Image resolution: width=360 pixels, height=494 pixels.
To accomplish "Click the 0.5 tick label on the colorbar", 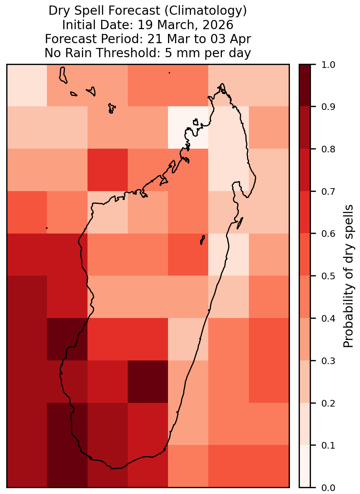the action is (x=328, y=276).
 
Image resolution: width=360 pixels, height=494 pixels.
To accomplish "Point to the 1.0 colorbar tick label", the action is (x=328, y=65).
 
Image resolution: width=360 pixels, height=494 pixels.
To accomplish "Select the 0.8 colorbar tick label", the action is (x=328, y=149).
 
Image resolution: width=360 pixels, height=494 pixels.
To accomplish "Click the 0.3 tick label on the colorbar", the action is (x=328, y=361).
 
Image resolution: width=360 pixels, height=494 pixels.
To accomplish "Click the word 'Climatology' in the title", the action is (x=206, y=11).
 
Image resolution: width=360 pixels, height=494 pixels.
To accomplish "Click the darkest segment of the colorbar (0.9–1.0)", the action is (x=305, y=85).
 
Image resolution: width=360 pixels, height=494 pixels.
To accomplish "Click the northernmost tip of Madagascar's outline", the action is (x=222, y=84).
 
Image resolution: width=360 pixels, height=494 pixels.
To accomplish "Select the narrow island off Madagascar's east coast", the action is (x=240, y=223).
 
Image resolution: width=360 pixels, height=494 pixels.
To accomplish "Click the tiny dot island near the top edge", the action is (x=169, y=73).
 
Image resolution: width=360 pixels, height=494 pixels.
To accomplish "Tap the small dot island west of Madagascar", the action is (x=47, y=228).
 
